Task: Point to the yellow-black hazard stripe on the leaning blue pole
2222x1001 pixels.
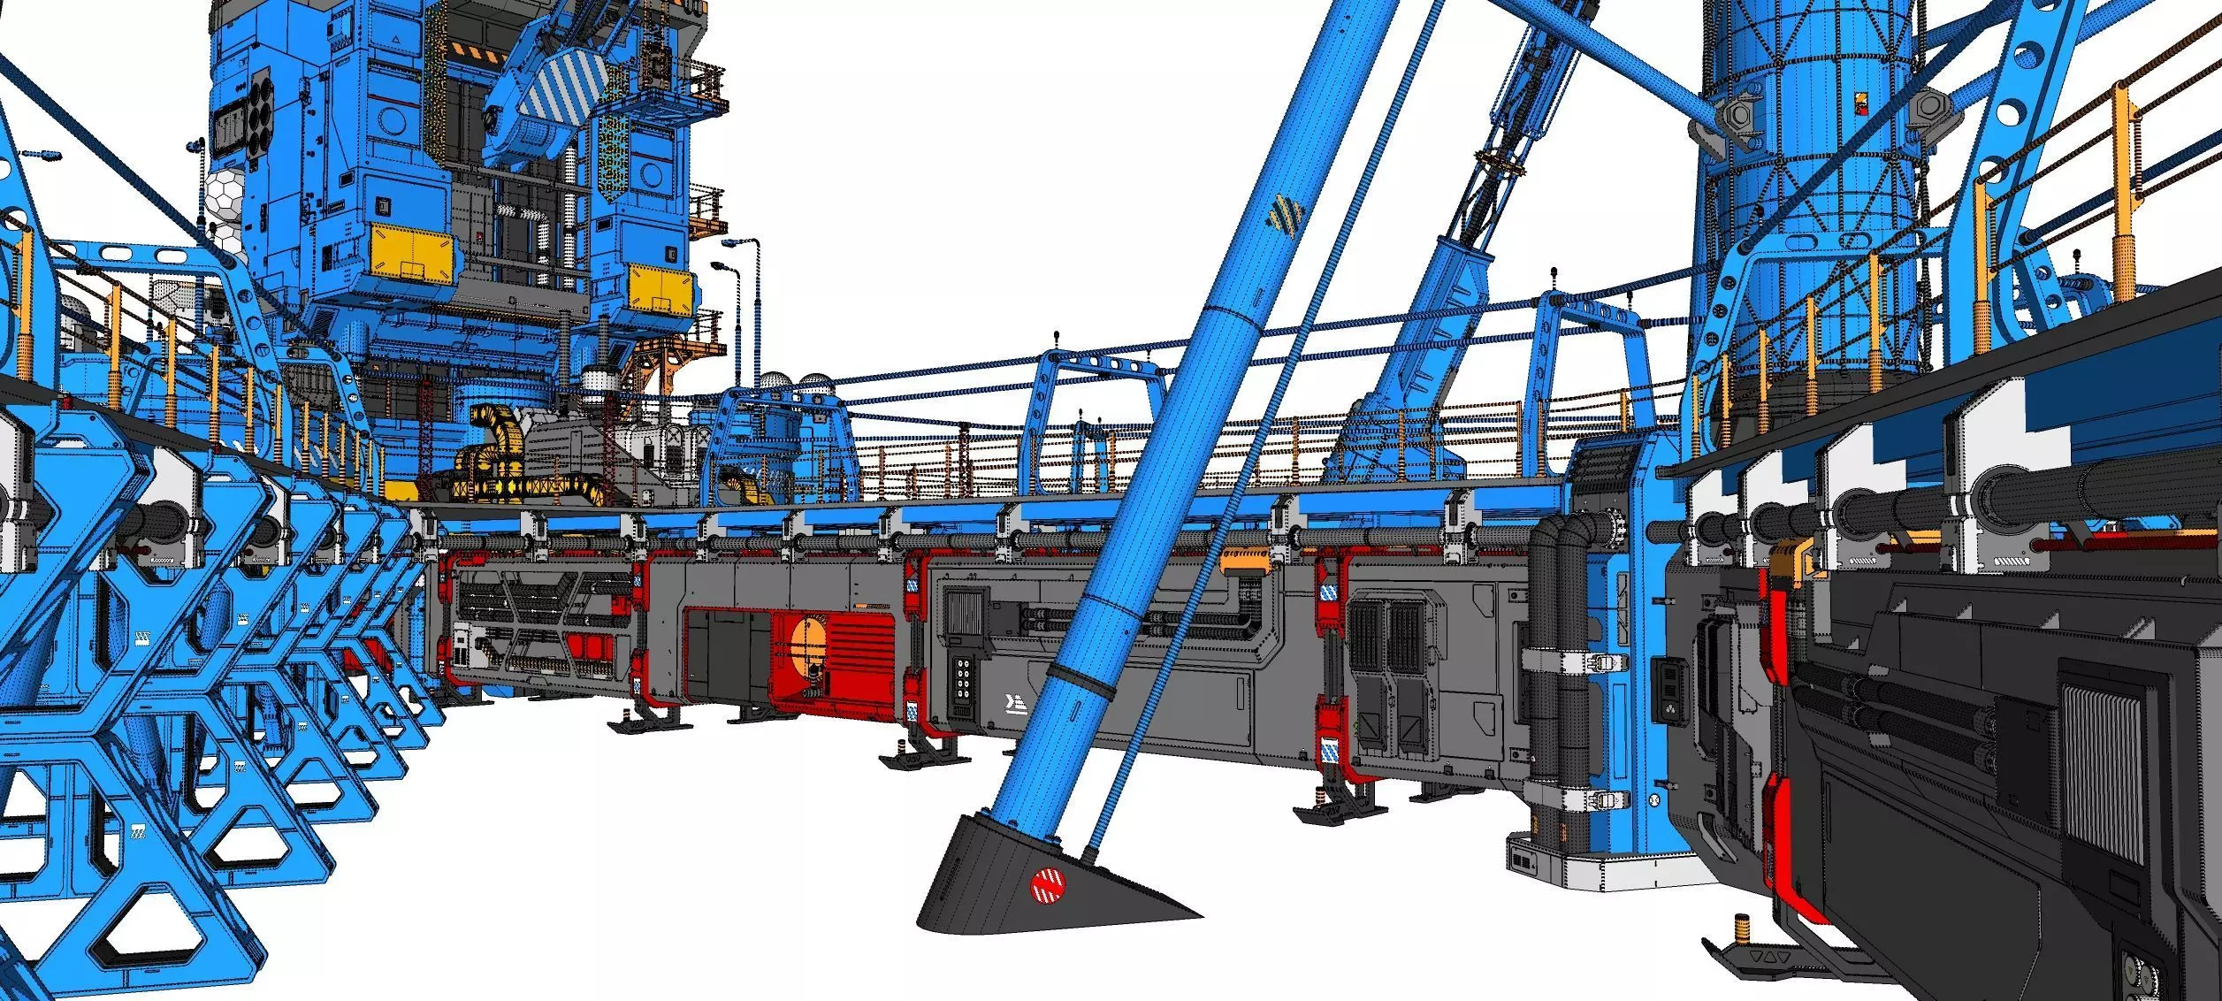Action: tap(1285, 216)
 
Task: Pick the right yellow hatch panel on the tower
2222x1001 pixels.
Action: tap(660, 287)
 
